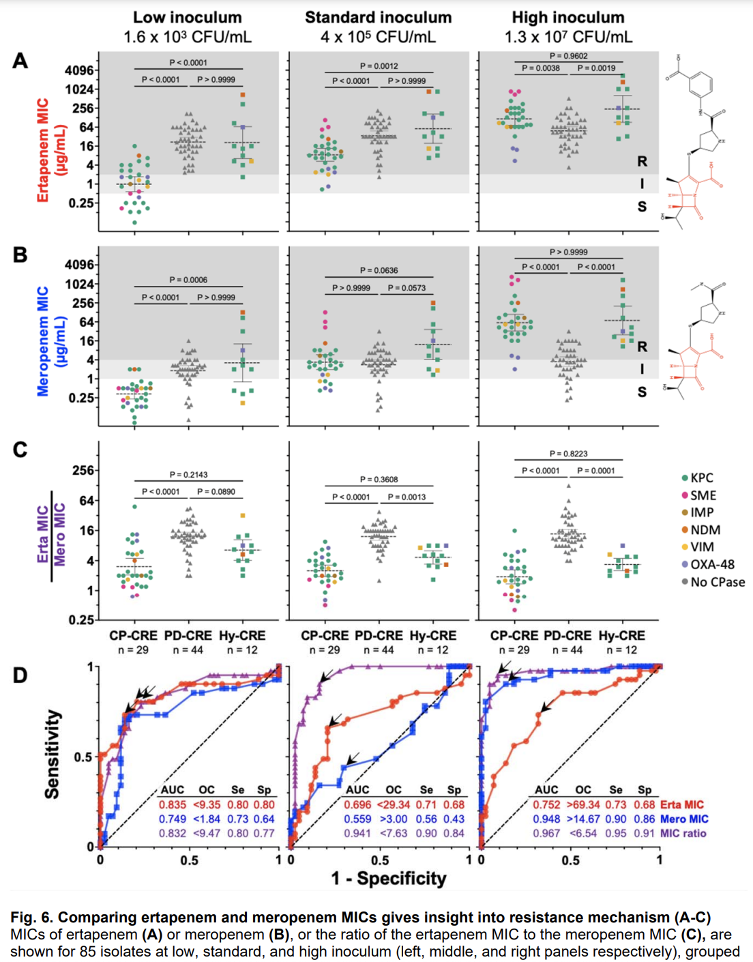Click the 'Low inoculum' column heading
point(187,18)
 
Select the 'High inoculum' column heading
point(567,18)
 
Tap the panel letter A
point(20,61)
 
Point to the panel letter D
point(20,675)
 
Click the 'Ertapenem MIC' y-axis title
point(43,150)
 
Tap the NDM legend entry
point(705,530)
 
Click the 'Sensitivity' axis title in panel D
point(52,753)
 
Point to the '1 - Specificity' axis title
point(389,878)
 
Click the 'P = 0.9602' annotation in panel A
point(568,56)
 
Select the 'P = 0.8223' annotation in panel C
point(568,454)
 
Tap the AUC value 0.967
point(547,833)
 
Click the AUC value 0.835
point(173,804)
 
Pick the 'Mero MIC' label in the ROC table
point(684,819)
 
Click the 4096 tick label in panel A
point(79,70)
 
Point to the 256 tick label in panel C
point(83,470)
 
